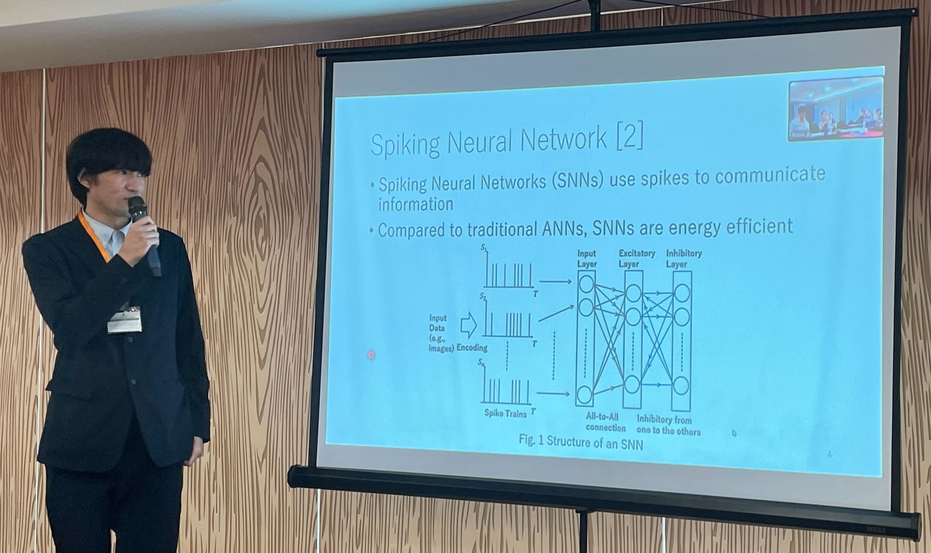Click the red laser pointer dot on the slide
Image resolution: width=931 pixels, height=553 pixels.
click(x=371, y=355)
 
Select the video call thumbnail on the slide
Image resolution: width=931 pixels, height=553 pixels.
click(x=836, y=108)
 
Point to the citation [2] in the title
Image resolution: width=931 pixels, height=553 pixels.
click(x=630, y=138)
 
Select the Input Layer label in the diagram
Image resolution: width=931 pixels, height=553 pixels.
click(x=587, y=259)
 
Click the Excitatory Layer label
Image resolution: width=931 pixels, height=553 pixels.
click(x=636, y=259)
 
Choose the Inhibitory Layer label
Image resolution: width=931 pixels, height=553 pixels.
click(x=684, y=259)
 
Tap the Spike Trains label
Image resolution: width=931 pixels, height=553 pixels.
click(x=505, y=413)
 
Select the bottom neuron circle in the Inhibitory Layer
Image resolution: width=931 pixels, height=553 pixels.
click(x=681, y=386)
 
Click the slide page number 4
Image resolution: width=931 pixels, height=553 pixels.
click(x=829, y=454)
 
